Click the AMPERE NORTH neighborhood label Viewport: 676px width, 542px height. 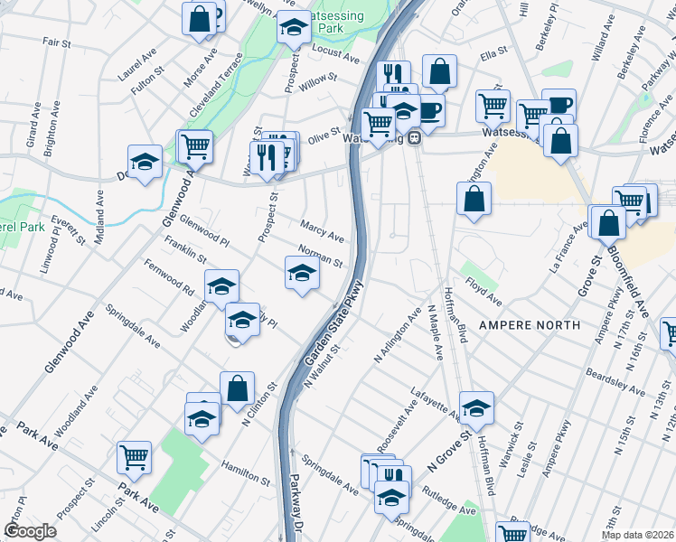pos(526,325)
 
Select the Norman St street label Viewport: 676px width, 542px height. pos(321,257)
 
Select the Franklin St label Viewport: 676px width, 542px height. pos(186,248)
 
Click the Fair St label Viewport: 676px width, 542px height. pos(56,42)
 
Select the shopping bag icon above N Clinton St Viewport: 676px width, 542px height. pos(237,388)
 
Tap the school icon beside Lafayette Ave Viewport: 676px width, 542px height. pos(476,408)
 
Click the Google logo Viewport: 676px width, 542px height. pos(31,531)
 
